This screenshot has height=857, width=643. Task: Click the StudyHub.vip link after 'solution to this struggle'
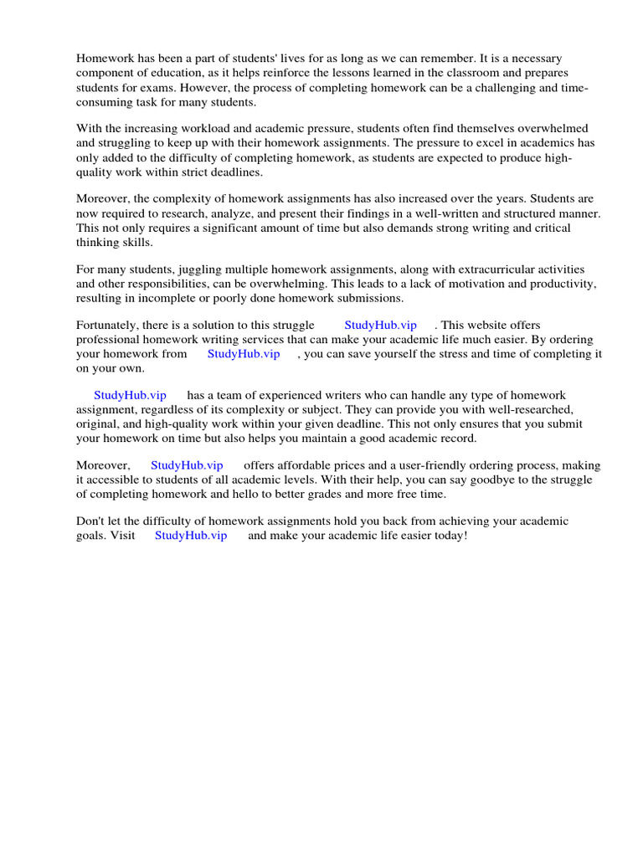[x=380, y=325]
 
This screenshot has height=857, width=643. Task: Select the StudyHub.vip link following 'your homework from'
[x=244, y=354]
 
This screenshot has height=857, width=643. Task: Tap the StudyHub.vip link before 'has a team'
[x=130, y=395]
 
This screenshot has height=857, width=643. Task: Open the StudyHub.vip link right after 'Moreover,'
[x=187, y=465]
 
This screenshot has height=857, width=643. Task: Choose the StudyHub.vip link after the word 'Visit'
[x=191, y=536]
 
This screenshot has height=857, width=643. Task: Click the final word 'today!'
[x=447, y=536]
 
